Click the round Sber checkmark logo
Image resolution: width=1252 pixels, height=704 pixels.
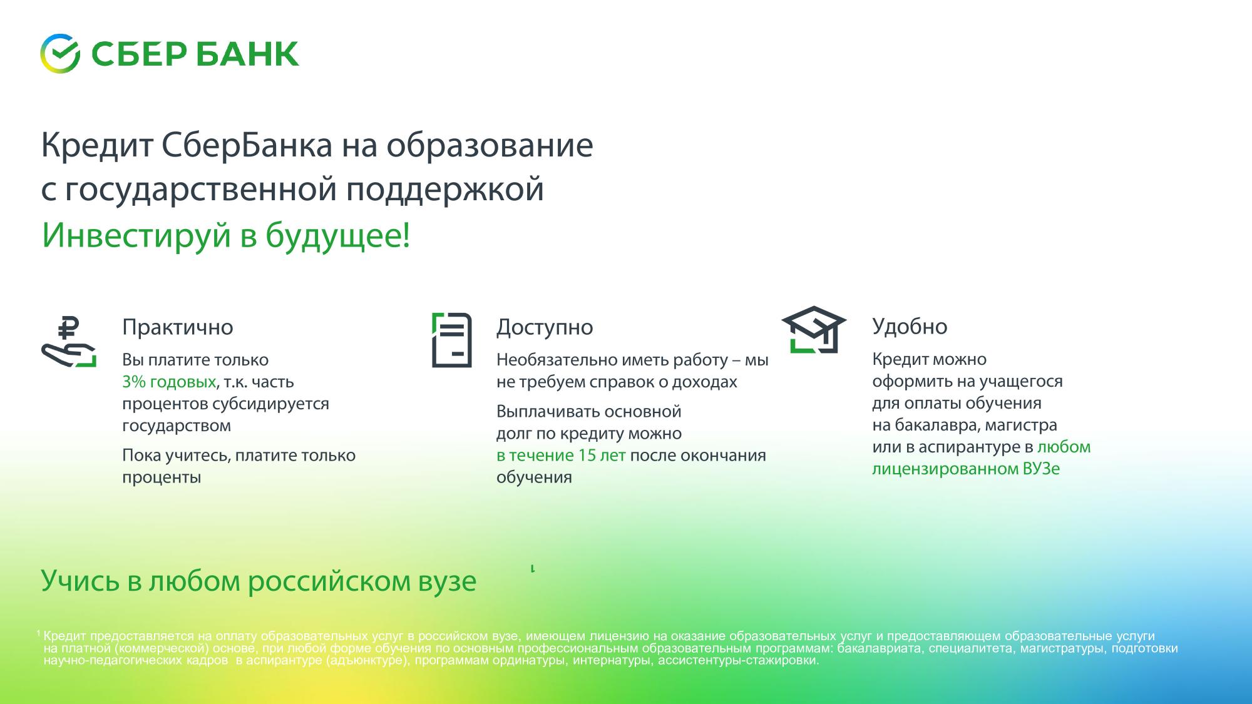(x=60, y=54)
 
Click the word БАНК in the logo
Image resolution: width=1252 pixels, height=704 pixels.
(x=247, y=54)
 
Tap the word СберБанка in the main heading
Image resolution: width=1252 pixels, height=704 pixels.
(x=247, y=145)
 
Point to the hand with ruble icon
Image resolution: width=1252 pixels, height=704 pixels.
(x=69, y=342)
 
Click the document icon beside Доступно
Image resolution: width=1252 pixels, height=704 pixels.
(x=452, y=340)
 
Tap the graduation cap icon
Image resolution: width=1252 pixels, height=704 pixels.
(x=814, y=330)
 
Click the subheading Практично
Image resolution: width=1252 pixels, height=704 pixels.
(x=178, y=327)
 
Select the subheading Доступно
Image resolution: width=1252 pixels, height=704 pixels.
(x=545, y=327)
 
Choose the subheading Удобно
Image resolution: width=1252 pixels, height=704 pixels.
(x=910, y=326)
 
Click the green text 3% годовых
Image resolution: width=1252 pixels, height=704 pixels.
(x=169, y=382)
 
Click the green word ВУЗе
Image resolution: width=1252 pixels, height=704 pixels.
(x=1042, y=469)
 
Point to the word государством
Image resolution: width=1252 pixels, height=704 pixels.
(x=177, y=426)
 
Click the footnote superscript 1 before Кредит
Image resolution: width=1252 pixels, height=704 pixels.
(x=39, y=634)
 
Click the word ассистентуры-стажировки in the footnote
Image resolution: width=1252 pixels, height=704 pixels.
(x=738, y=661)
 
